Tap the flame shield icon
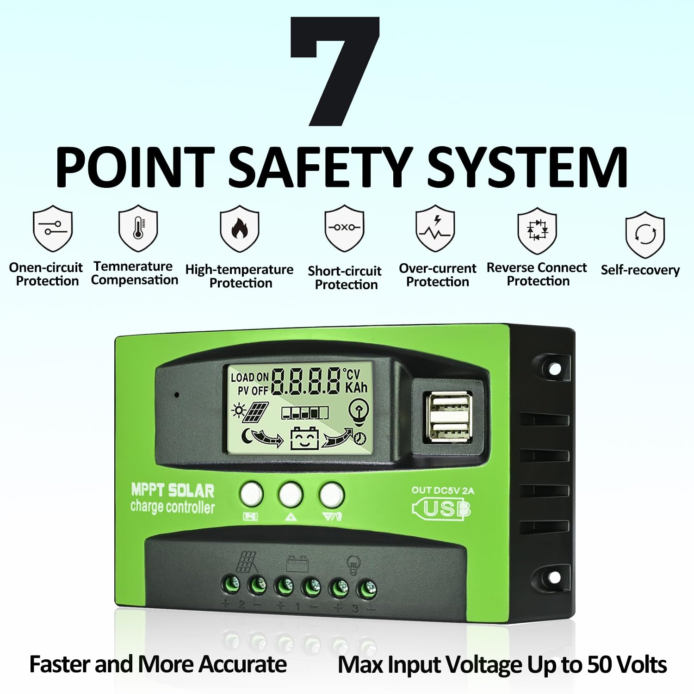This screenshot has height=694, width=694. (239, 229)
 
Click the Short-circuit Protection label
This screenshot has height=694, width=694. (345, 278)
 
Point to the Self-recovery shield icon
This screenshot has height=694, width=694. (645, 234)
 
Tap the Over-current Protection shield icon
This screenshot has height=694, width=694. (435, 228)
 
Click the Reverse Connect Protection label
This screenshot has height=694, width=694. (537, 274)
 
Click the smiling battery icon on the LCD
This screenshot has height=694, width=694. (304, 438)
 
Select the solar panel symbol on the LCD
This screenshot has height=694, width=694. (255, 411)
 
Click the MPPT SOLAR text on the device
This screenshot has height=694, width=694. (173, 490)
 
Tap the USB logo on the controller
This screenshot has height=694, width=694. (441, 509)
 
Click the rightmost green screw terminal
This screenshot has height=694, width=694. (367, 589)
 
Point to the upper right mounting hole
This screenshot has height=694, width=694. (554, 369)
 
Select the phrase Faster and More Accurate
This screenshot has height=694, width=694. (158, 664)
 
